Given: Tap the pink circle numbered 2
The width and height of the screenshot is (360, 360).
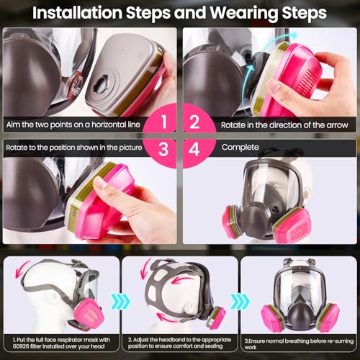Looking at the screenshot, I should pos(194,124).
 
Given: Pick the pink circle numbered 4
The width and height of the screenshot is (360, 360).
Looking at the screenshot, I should pos(194,148).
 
